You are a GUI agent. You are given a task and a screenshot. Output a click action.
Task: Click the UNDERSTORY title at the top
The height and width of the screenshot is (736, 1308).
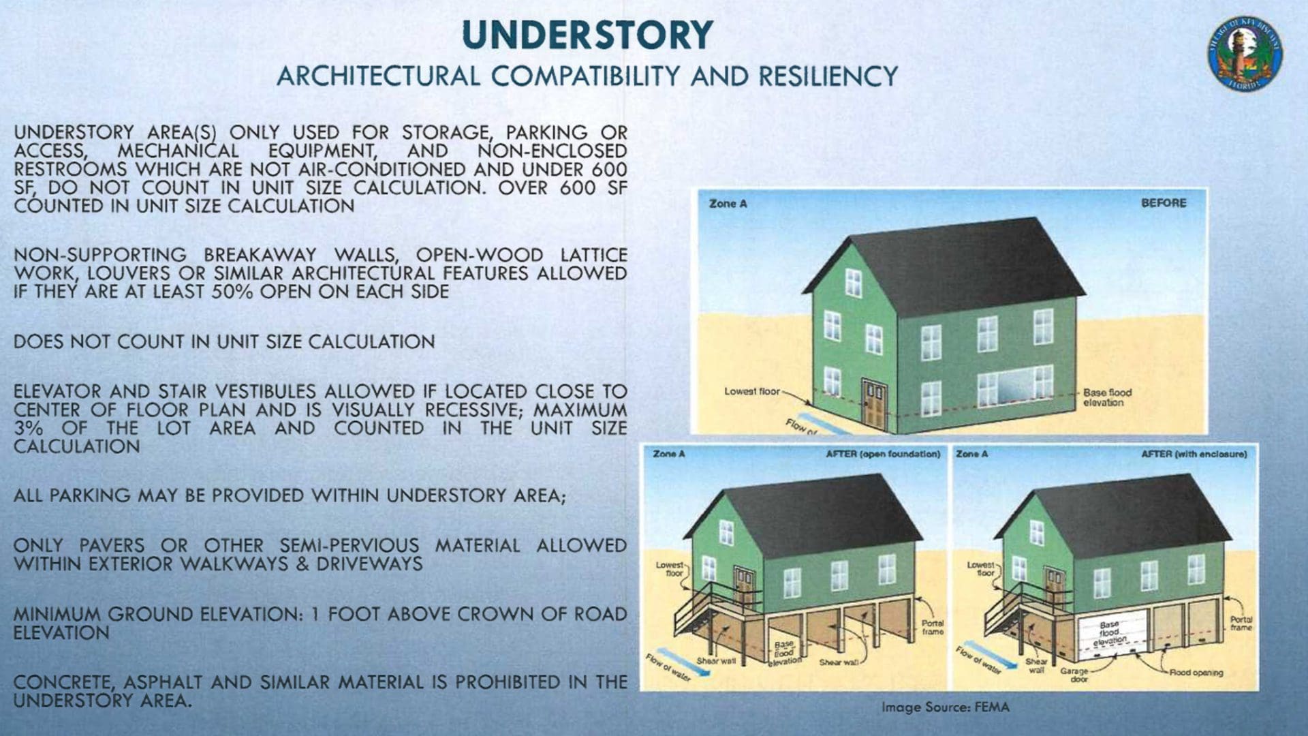click(x=587, y=35)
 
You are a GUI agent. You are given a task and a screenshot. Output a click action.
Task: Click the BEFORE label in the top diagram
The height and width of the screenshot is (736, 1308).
click(x=1164, y=203)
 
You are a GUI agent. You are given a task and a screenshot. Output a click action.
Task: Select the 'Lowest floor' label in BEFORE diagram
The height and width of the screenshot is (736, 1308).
click(x=751, y=391)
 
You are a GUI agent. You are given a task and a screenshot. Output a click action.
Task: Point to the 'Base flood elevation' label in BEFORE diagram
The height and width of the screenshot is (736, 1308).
click(x=1107, y=397)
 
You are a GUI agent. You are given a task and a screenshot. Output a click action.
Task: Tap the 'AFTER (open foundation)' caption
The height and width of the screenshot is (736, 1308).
click(x=883, y=454)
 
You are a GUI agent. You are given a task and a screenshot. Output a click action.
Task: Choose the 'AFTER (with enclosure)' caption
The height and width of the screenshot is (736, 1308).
click(x=1194, y=454)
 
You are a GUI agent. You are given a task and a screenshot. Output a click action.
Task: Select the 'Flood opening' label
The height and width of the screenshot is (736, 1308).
click(x=1196, y=673)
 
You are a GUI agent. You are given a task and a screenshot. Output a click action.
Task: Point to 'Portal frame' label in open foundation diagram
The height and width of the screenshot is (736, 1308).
click(x=933, y=627)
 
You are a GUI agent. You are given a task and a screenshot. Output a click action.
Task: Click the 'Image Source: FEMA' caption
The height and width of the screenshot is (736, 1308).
click(x=946, y=707)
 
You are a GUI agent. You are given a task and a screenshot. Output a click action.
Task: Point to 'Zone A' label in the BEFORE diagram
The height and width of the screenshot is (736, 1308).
click(x=728, y=204)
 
